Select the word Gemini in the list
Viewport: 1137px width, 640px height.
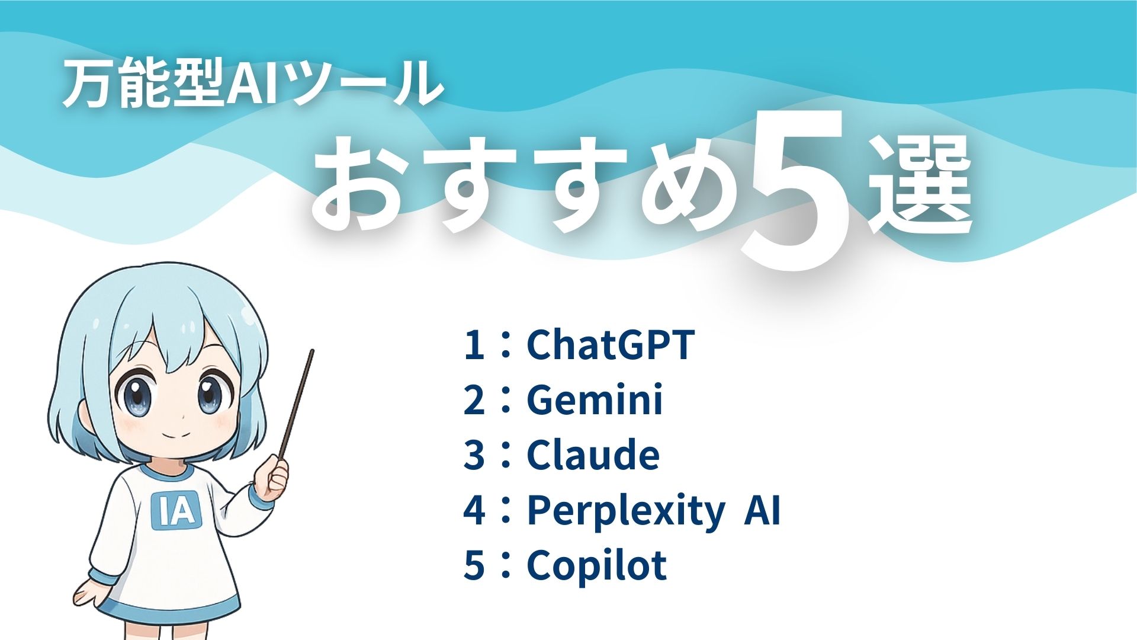click(x=595, y=399)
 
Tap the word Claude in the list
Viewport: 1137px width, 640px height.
click(x=593, y=455)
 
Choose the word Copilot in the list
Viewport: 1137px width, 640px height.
click(x=596, y=565)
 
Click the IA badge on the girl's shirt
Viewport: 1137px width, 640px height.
click(x=176, y=510)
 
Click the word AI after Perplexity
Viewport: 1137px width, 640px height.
click(x=763, y=510)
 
